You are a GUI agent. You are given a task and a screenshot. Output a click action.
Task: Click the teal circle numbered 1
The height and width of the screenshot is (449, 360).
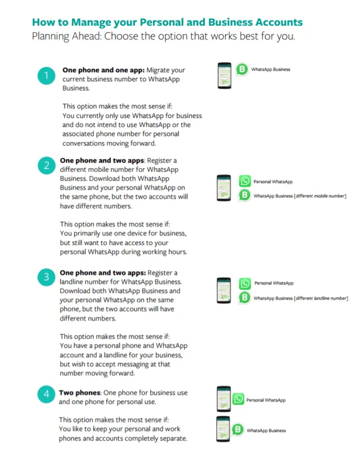46,76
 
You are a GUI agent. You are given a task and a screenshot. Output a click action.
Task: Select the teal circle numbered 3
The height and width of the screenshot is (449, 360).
46,278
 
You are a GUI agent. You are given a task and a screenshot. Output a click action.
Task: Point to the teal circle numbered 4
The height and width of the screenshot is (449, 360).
46,395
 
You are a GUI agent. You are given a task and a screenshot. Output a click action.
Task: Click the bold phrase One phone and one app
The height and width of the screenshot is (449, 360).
103,70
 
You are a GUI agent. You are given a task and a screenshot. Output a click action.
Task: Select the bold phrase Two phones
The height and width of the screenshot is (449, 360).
80,392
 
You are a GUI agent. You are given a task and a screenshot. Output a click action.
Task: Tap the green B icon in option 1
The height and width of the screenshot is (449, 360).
243,69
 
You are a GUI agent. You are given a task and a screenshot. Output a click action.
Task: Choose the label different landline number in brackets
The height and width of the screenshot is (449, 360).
321,298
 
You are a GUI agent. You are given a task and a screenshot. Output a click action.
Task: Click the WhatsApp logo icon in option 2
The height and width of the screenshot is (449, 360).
245,182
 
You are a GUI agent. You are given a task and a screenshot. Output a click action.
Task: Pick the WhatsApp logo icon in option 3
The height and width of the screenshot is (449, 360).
245,283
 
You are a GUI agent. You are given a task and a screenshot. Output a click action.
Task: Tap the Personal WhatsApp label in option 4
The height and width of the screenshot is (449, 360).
266,400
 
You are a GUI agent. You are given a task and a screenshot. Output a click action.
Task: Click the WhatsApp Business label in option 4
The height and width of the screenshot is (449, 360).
266,430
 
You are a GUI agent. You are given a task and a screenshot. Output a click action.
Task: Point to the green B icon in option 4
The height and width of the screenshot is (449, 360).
238,430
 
